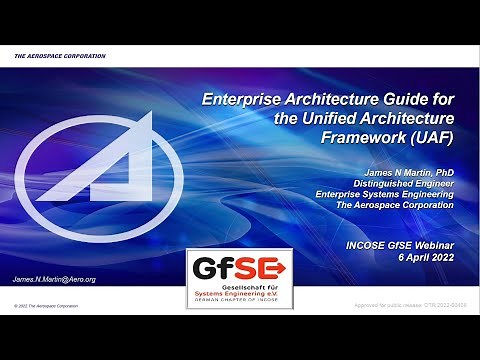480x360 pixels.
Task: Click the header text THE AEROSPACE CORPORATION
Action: coord(60,56)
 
